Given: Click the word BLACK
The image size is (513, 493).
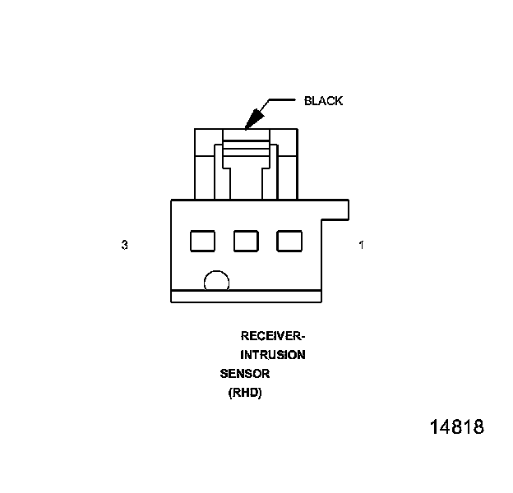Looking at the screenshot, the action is pos(323,101).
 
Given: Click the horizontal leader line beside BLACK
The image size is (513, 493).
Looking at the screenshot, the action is pos(282,101).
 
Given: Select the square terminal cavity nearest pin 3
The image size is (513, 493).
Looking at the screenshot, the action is pos(202,241).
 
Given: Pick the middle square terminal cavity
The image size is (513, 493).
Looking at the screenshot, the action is pos(246,241).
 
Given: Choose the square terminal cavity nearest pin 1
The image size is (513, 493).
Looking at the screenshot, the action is pos(289,241).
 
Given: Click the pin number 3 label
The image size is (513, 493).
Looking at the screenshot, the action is pos(124,245).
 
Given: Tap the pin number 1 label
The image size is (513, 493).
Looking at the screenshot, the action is pos(362,245).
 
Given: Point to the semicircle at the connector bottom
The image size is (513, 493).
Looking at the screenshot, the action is pos(216,282).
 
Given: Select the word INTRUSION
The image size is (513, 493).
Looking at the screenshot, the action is pos(272,356).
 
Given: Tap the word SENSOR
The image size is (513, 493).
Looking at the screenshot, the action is pos(245,374).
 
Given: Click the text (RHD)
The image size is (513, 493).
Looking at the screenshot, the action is pos(244,394).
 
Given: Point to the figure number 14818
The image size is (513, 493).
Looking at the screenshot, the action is pos(456,428).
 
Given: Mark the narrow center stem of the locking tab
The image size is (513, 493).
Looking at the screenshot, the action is pos(246,182).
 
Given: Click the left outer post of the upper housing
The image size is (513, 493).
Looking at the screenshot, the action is pos(204,164).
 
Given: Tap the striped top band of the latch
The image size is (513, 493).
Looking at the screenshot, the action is pos(246,150).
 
